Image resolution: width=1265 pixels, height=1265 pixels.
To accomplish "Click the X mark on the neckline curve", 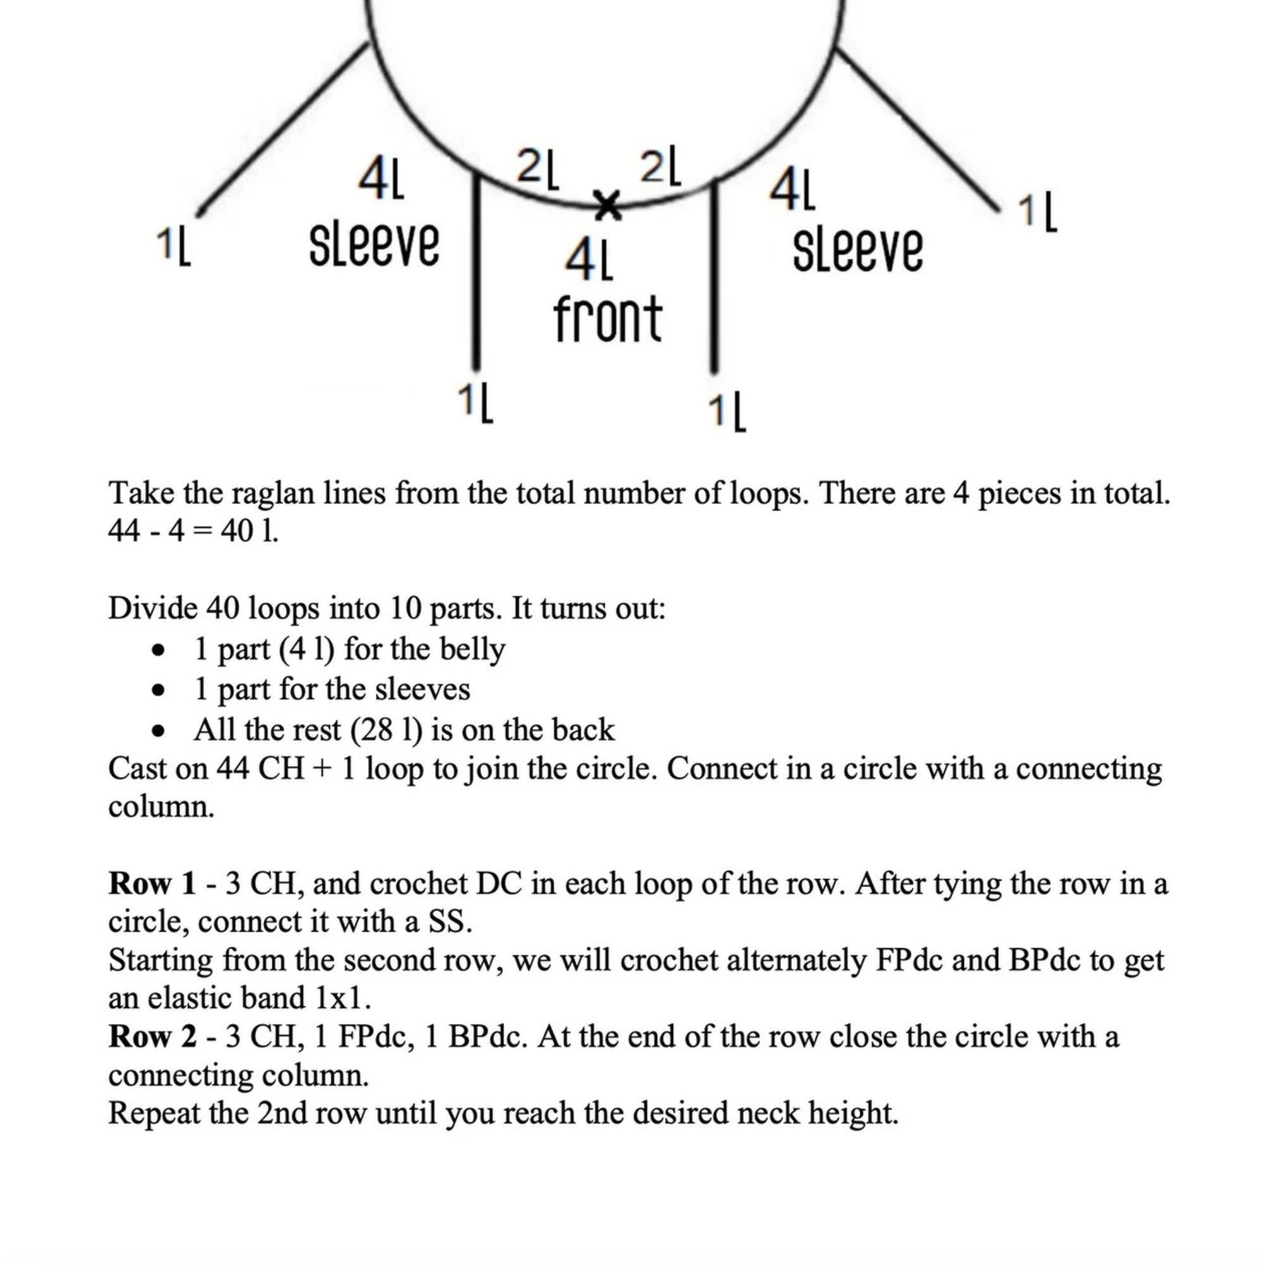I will click(607, 204).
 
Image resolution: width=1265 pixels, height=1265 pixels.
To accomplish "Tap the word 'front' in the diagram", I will click(608, 319).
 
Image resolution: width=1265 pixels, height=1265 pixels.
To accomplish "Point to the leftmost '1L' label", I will click(173, 247).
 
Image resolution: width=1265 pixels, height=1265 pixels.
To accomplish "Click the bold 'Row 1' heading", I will click(152, 884).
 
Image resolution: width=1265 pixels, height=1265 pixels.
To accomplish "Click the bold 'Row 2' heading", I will click(152, 1037).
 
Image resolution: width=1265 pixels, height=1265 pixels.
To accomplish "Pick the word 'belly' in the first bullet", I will click(472, 649).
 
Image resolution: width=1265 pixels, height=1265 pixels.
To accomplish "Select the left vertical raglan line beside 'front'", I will click(477, 275).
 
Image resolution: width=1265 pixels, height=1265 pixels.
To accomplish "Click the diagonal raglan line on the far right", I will click(916, 128).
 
